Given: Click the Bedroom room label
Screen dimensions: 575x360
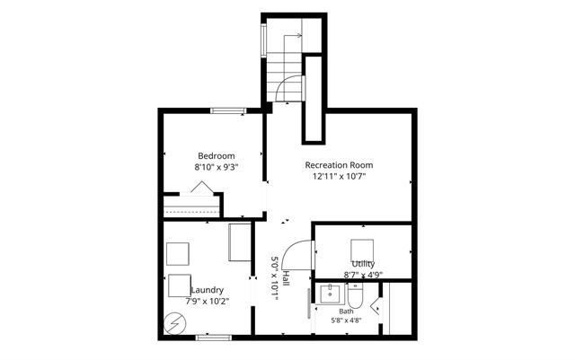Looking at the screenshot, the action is point(217,156).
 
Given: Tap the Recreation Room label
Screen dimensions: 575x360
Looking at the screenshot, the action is point(340,165).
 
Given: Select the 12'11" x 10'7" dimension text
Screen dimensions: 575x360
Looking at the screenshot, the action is point(340,176).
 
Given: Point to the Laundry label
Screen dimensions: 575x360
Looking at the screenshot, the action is point(208,290).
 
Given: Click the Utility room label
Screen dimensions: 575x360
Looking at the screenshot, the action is point(363,264).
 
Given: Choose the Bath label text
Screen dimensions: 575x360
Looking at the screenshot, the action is point(346,312).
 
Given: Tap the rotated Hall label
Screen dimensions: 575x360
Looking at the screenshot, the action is point(286,279).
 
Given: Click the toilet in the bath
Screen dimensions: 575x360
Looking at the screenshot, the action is point(355,296).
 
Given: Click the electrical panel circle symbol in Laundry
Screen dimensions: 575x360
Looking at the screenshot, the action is point(175,324).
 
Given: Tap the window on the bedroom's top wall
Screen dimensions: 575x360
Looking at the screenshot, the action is point(228,110).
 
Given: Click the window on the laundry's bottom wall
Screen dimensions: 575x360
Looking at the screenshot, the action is point(214,338).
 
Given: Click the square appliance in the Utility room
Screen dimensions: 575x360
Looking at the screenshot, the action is point(362,250).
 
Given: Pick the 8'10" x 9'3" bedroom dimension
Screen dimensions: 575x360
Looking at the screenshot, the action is point(217,168).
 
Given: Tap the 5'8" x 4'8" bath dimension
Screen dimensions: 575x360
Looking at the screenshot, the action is point(346,320).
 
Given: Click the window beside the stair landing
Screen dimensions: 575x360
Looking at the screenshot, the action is point(263,40).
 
